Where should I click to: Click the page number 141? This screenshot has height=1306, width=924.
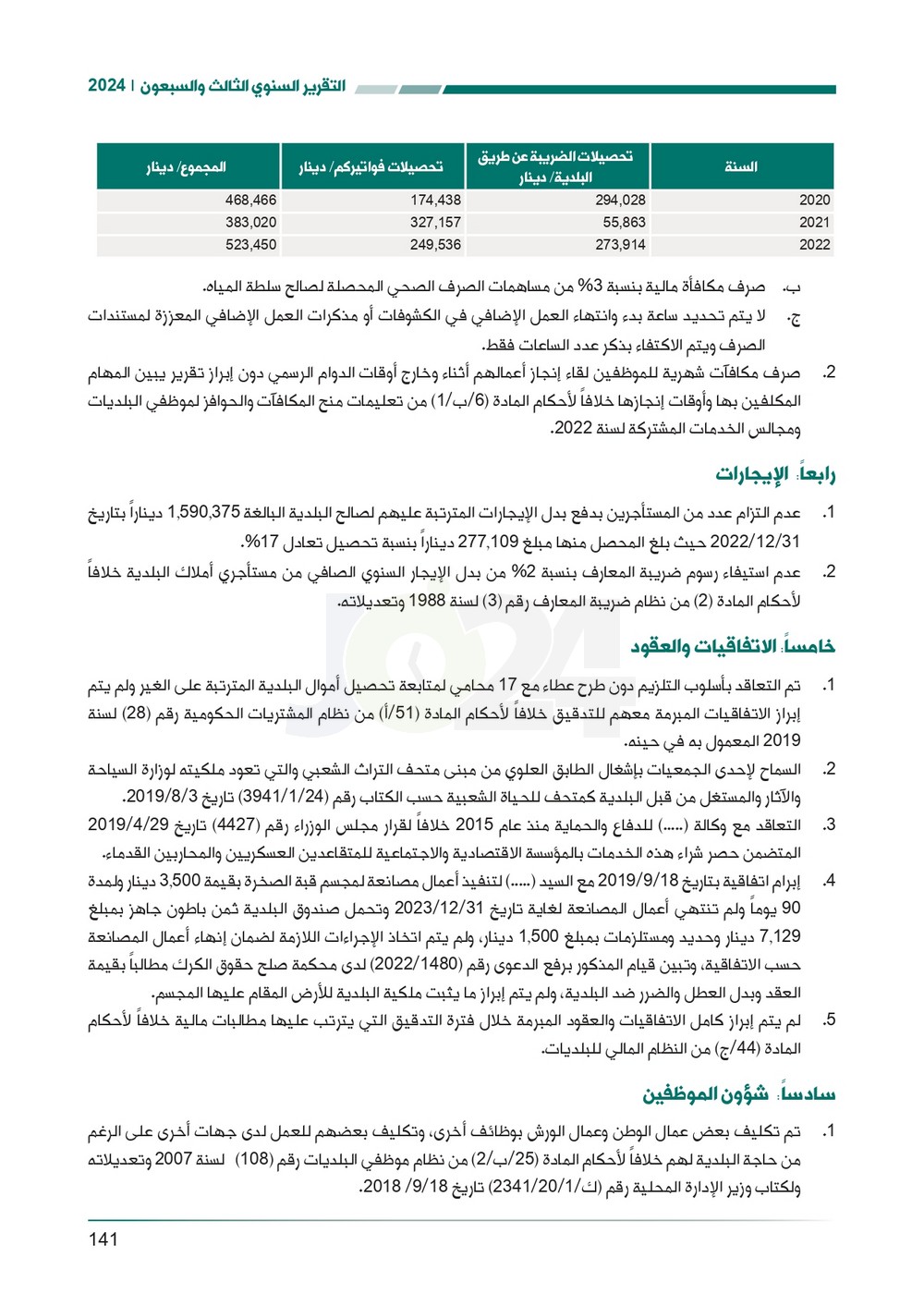(103, 1239)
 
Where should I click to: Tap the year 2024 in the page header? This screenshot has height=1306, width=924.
(106, 86)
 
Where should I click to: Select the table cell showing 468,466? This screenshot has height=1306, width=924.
(250, 200)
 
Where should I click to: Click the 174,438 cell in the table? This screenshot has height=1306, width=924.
(435, 200)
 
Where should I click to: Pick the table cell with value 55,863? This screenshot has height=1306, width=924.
(624, 222)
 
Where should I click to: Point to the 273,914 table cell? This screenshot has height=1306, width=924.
(620, 245)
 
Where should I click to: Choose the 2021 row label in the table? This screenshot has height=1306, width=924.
(814, 222)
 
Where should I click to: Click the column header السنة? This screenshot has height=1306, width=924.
(741, 166)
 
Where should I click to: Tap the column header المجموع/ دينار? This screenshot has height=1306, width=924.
(187, 167)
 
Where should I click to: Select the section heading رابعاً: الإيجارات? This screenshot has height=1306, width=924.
(775, 475)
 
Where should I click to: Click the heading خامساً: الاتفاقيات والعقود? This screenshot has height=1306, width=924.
(733, 646)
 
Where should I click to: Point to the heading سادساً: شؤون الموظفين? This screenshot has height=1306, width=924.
(739, 1094)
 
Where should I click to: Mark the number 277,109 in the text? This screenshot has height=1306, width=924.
(489, 542)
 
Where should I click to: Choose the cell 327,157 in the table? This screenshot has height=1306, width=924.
(435, 222)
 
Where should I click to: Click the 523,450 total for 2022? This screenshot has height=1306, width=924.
(250, 245)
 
